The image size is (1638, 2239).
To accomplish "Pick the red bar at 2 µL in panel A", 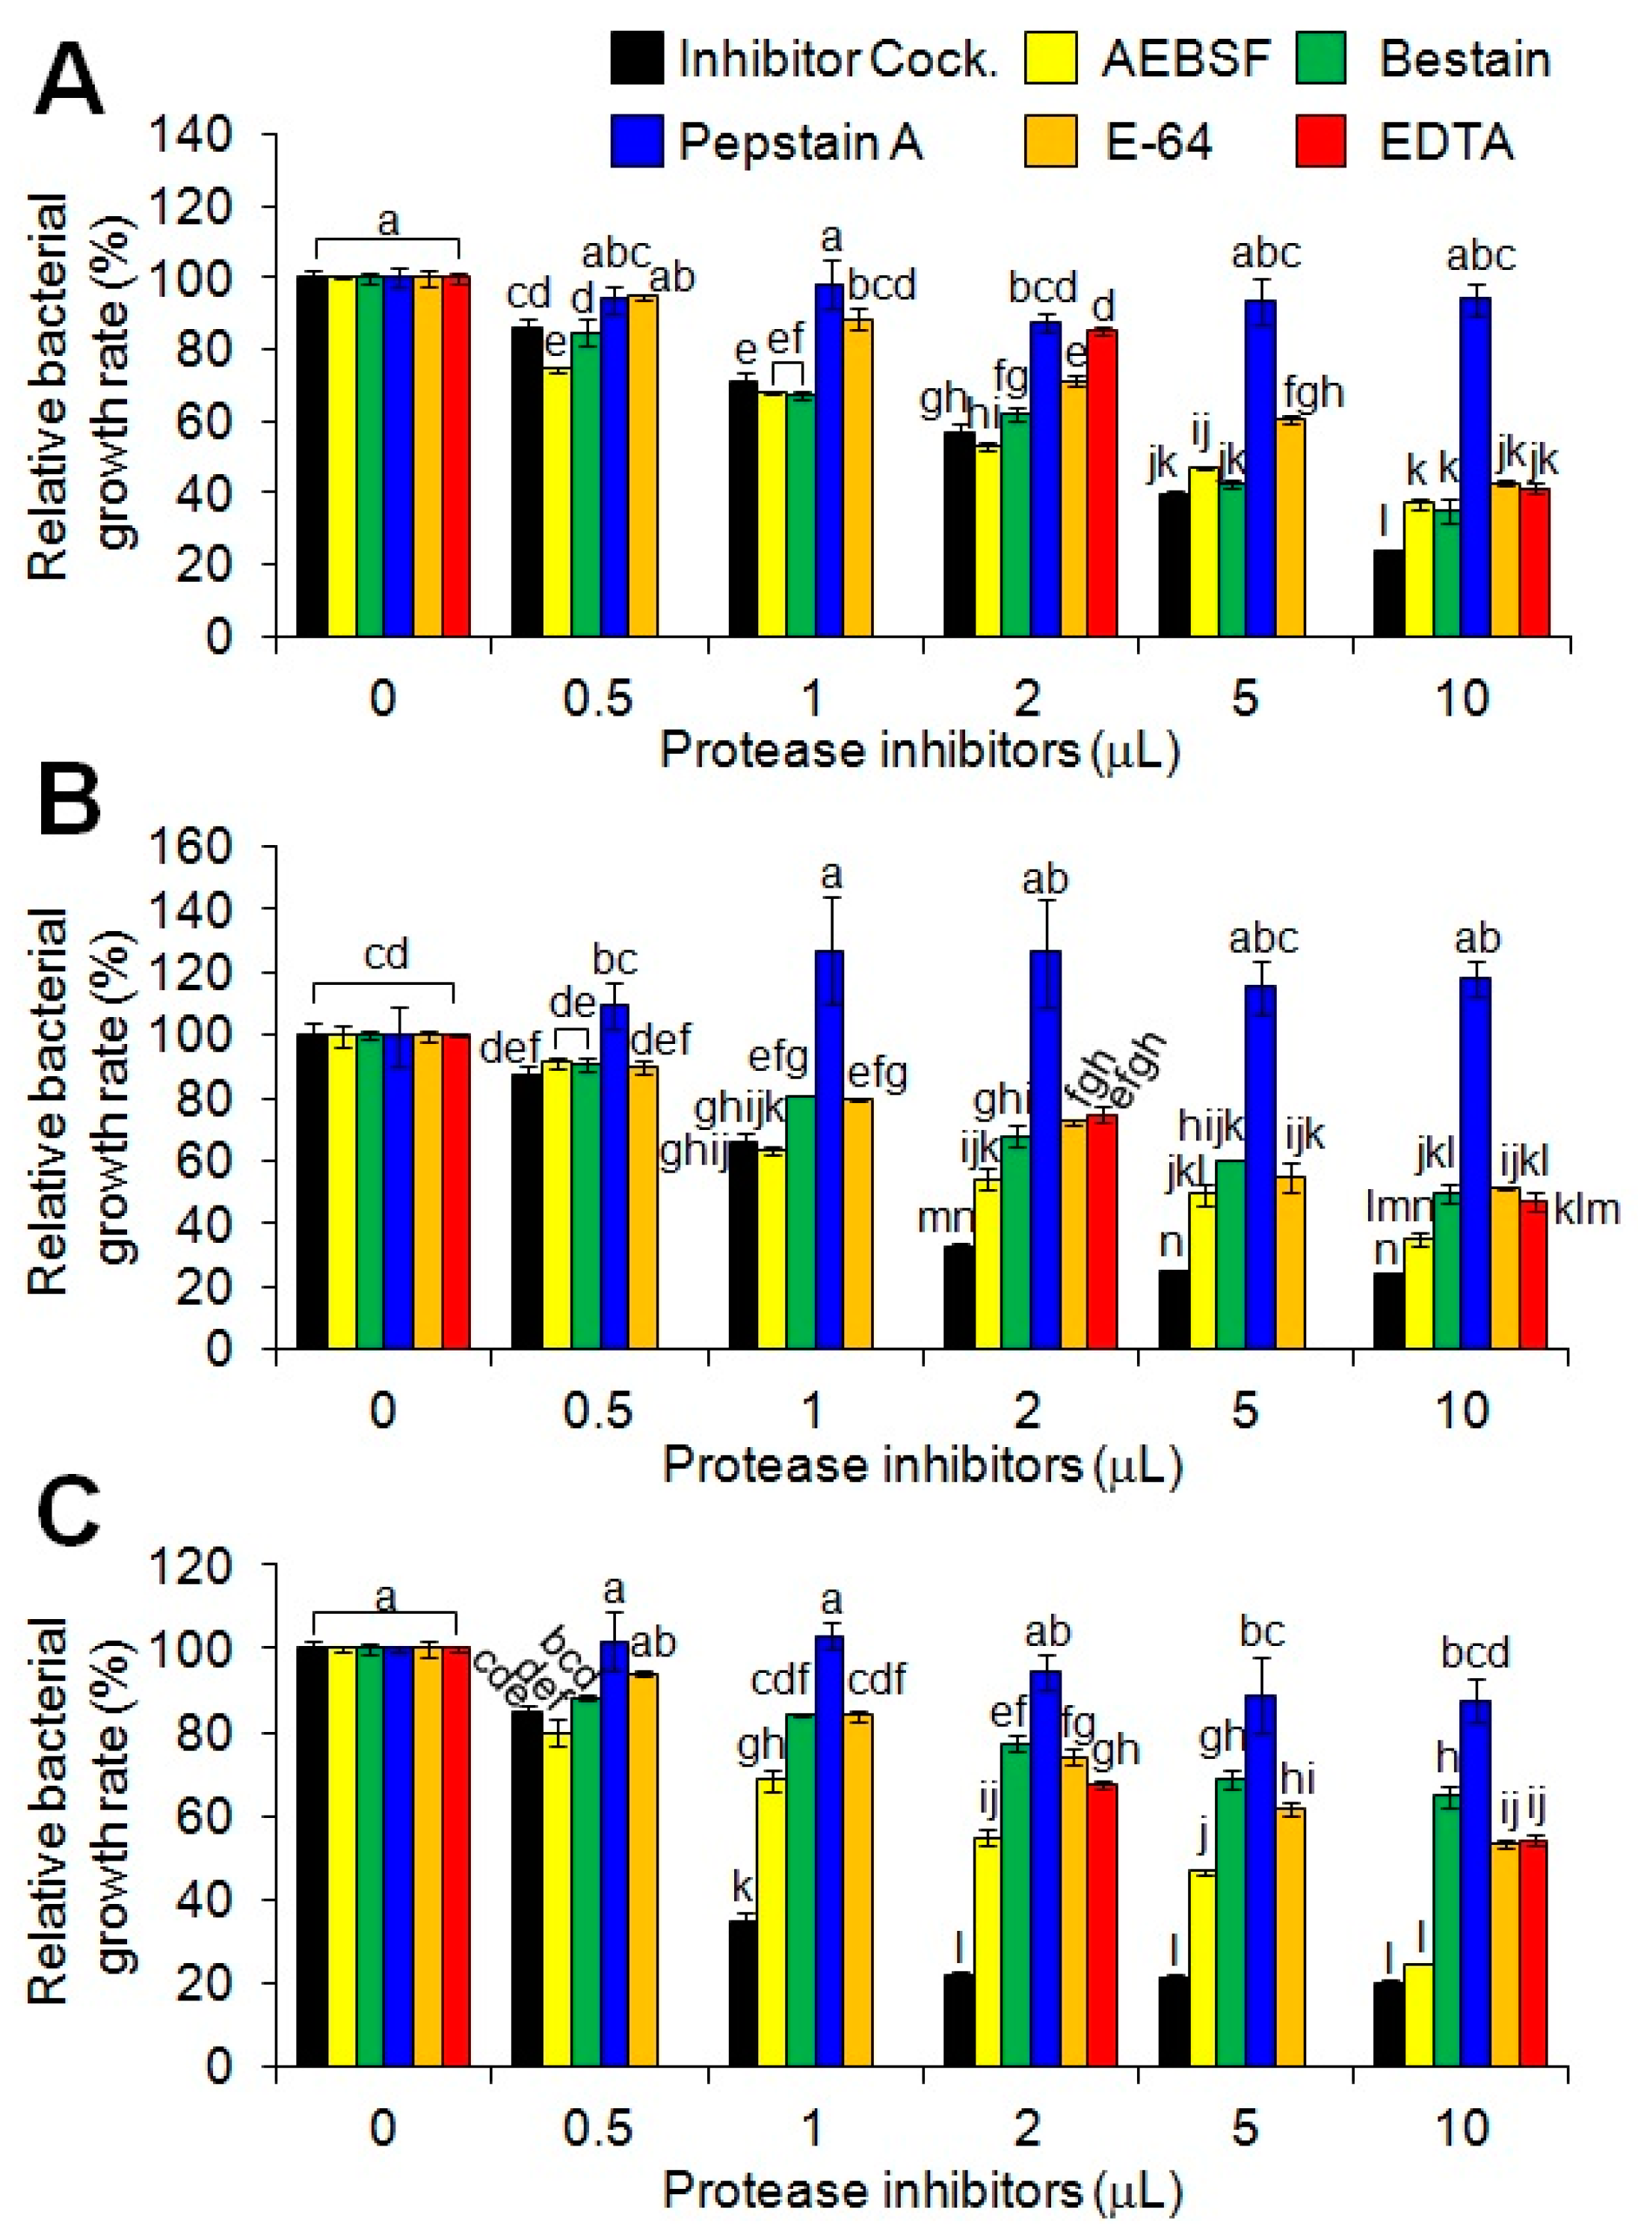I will [x=1103, y=483].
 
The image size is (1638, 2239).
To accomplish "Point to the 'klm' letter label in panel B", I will [x=1586, y=1210].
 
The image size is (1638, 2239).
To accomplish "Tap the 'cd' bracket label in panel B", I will [x=386, y=954].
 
